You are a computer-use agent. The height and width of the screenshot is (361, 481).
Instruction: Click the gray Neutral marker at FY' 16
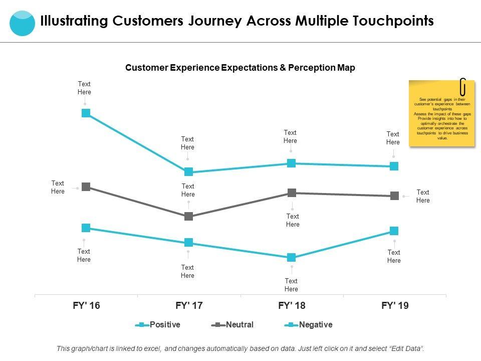pyautogui.click(x=86, y=187)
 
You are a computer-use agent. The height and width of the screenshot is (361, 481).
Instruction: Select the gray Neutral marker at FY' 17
pyautogui.click(x=188, y=217)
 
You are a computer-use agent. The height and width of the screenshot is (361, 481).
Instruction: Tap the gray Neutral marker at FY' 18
pyautogui.click(x=292, y=193)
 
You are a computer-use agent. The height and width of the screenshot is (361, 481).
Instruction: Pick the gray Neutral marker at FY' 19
pyautogui.click(x=394, y=196)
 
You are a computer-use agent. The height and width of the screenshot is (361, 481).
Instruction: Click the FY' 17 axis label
pyautogui.click(x=189, y=305)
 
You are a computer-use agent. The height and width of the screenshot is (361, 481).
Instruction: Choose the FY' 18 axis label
pyautogui.click(x=292, y=305)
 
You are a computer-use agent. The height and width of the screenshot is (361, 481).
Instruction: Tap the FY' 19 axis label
pyautogui.click(x=395, y=305)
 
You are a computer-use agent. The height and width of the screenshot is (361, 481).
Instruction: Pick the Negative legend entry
pyautogui.click(x=309, y=325)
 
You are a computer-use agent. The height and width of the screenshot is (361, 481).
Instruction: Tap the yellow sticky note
pyautogui.click(x=441, y=114)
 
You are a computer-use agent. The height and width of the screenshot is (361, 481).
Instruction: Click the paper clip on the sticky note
pyautogui.click(x=463, y=86)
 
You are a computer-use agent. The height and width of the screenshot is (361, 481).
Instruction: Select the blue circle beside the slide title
pyautogui.click(x=23, y=23)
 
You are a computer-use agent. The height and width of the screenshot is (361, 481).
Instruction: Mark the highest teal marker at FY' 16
pyautogui.click(x=86, y=113)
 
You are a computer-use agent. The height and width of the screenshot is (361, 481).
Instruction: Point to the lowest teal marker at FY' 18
pyautogui.click(x=292, y=258)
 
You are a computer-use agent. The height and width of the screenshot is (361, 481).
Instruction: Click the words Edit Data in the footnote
pyautogui.click(x=407, y=348)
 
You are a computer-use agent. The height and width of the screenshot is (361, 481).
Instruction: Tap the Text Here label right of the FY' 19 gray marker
pyautogui.click(x=423, y=196)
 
